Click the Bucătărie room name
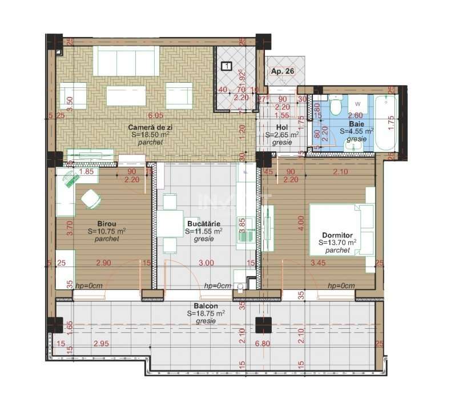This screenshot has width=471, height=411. point(204,224)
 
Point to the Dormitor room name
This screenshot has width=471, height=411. point(337,235)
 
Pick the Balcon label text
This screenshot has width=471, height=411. point(206,306)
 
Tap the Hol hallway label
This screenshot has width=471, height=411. point(281,127)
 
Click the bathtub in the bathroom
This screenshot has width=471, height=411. point(386,123)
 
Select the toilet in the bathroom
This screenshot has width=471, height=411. point(336,107)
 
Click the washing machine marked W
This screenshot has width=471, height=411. point(357,106)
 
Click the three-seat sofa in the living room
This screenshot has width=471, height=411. point(126,61)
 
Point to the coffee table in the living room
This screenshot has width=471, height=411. point(126,95)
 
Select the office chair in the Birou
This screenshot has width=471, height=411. point(91,199)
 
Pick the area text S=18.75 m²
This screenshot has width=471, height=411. point(206,313)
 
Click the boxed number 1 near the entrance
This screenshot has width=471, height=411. point(227,66)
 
